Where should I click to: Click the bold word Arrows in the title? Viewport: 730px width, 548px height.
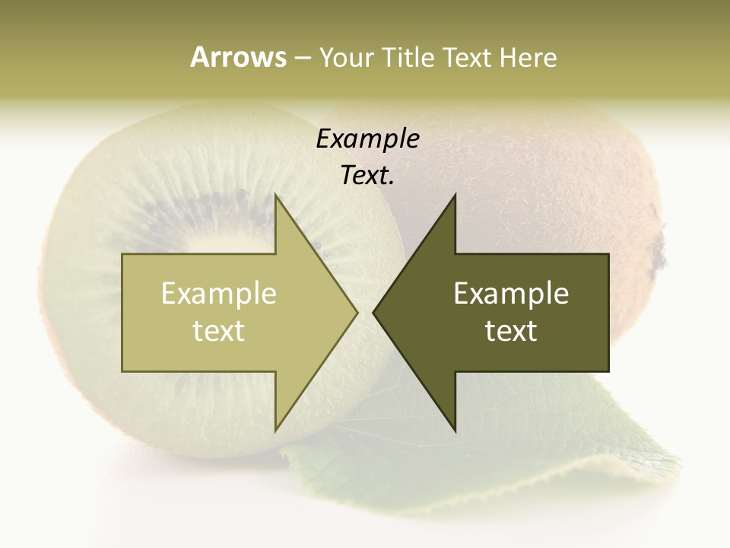[x=238, y=57]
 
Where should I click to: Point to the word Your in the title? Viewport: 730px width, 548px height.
[x=347, y=57]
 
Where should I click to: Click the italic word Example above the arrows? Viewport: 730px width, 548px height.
[x=367, y=139]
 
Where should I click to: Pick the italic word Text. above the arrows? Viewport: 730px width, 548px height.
[x=367, y=175]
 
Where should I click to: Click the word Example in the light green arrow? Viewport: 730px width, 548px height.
[x=218, y=294]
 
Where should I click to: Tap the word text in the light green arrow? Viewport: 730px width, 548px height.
[x=218, y=331]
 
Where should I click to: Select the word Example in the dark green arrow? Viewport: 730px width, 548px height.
[x=511, y=294]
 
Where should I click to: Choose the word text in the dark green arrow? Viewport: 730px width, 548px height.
[x=511, y=331]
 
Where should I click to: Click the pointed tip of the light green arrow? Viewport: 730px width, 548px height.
[x=356, y=312]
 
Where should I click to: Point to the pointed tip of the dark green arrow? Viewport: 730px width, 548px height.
[x=374, y=312]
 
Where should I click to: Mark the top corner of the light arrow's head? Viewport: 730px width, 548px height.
[x=275, y=196]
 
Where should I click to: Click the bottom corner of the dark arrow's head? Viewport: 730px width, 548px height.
[x=455, y=430]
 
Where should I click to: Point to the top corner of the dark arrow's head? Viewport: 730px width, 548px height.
[x=455, y=196]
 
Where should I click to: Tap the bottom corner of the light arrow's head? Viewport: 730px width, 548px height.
[x=275, y=430]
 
